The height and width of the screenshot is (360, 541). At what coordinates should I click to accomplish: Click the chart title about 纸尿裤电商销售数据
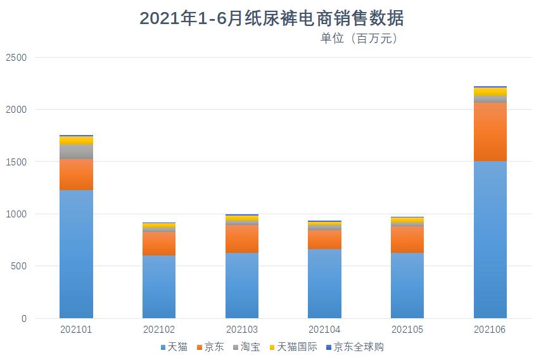point(271,18)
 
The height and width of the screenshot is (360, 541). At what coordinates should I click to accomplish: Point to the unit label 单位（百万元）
point(359,39)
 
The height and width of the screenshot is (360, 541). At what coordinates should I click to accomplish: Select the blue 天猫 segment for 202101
point(76,254)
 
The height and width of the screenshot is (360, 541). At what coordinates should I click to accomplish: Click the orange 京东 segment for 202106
point(490,131)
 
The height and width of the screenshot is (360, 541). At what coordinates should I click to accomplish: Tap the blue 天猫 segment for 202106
point(490,240)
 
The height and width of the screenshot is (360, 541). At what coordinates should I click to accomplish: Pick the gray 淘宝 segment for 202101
point(76,151)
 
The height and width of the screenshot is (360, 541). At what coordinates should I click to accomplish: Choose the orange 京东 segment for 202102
point(159,243)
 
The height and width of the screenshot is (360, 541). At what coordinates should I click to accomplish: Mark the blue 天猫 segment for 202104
point(324,283)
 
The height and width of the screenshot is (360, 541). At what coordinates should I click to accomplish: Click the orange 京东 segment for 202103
point(242,238)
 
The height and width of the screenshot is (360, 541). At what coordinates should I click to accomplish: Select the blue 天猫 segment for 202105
point(407,285)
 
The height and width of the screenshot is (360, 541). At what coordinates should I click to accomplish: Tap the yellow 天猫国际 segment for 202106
point(490,91)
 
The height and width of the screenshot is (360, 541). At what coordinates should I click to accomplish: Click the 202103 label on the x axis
point(242,330)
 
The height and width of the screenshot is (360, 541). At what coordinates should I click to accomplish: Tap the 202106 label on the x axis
point(490,330)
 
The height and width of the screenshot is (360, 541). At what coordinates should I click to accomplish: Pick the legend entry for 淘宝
point(246,347)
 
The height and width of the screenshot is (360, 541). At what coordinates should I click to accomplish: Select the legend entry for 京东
point(210,347)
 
